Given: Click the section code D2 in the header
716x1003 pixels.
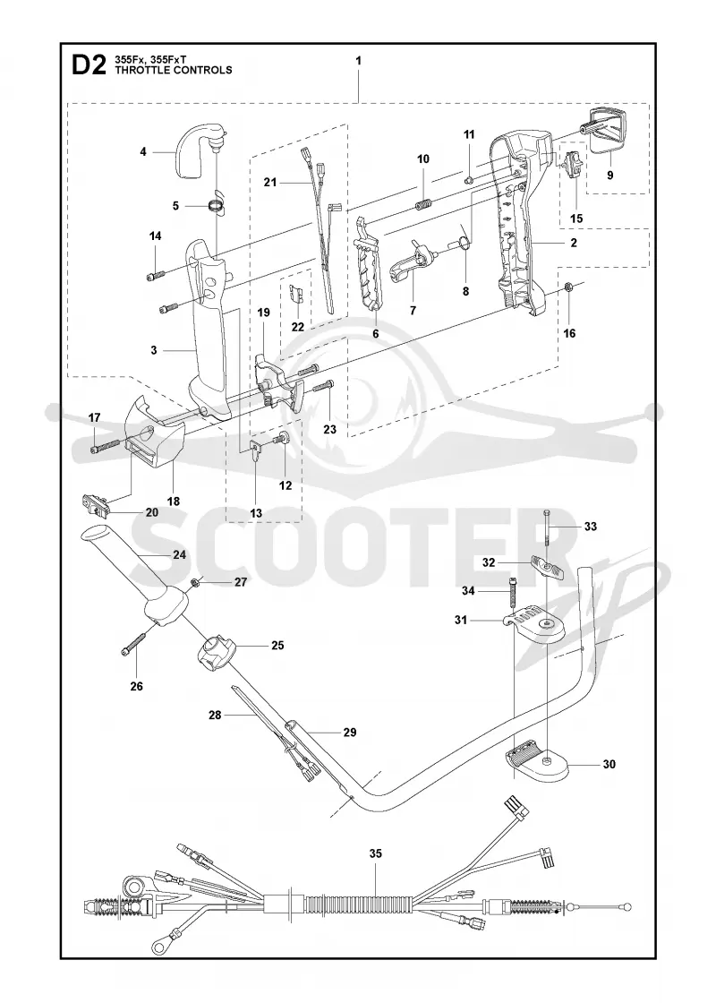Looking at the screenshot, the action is pos(89,64).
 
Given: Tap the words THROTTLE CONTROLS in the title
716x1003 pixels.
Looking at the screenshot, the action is pos(174,71).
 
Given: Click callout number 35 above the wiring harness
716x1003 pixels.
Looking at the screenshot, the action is pos(375,853).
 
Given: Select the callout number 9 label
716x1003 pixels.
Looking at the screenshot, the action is pos(609,175).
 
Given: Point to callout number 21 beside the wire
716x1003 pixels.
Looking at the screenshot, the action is pos(269,183).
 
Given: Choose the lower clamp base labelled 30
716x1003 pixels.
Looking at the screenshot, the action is pos(536,759).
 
